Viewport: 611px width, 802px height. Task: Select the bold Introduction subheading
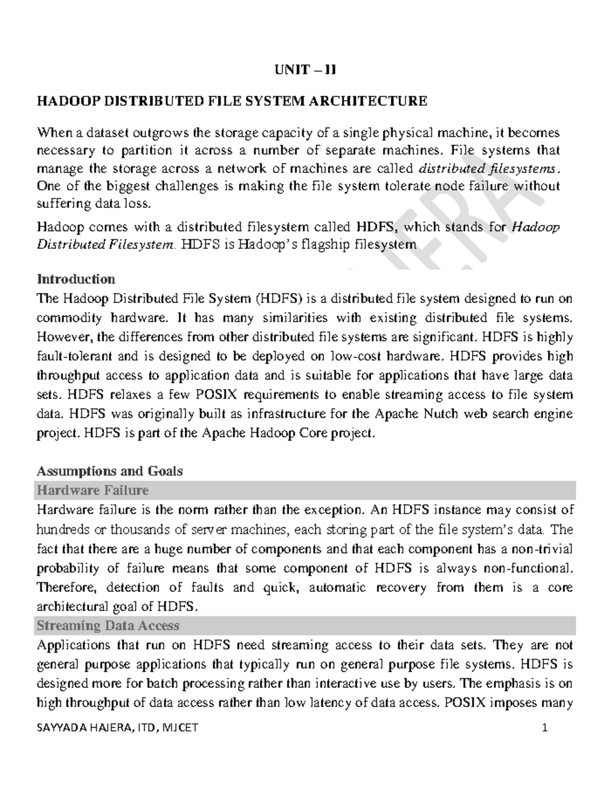point(76,279)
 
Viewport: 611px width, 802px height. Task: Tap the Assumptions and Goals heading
point(109,471)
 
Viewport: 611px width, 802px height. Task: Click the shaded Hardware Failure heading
point(93,490)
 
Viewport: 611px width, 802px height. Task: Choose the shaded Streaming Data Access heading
point(108,625)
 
